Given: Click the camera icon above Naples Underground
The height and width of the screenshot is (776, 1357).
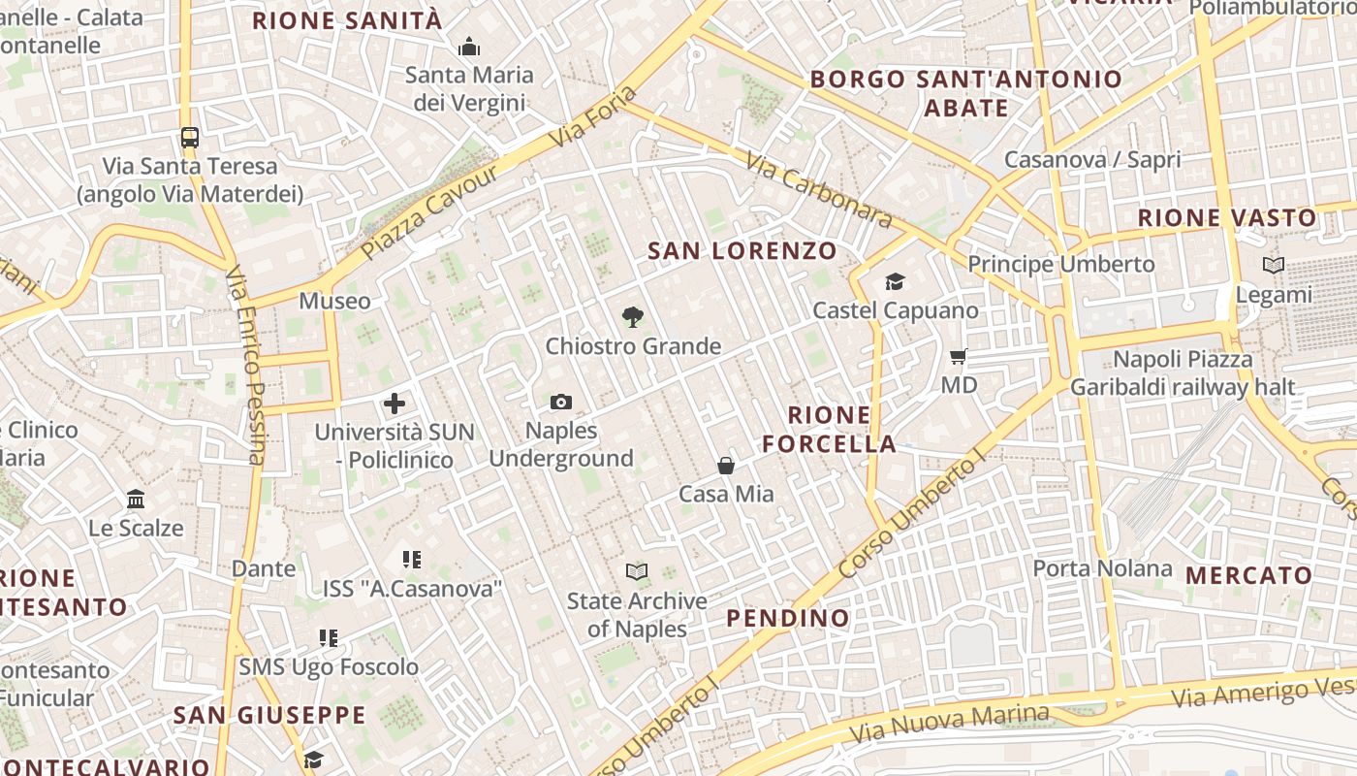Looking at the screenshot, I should (x=560, y=402).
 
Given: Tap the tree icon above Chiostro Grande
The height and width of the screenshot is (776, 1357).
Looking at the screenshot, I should (x=633, y=316).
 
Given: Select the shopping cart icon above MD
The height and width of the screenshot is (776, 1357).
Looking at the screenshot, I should (x=959, y=357).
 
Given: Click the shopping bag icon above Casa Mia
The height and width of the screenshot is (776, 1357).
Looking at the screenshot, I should (x=726, y=466).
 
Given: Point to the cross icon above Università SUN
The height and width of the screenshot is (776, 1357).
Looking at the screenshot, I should (x=394, y=404).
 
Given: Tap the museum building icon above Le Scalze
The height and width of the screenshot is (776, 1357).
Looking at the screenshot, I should (x=136, y=500).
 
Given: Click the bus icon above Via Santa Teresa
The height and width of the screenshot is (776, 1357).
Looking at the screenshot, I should (x=190, y=138).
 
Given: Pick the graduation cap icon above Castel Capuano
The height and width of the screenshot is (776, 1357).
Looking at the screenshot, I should (x=895, y=282).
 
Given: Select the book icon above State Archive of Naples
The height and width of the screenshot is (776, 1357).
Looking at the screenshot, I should (x=637, y=572).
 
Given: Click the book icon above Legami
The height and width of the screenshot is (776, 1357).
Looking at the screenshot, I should (x=1274, y=265).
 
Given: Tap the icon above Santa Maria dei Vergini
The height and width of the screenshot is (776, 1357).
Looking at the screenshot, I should (x=469, y=47).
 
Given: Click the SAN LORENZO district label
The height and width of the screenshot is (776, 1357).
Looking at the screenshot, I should (x=742, y=251).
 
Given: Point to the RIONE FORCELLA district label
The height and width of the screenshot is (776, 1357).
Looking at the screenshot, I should (x=829, y=430).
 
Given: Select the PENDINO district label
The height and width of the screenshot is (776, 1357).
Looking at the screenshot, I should (x=787, y=618).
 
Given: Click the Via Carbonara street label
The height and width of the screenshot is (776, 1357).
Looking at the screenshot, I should (x=819, y=189).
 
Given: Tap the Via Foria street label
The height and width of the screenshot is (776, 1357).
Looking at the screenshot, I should (x=593, y=117).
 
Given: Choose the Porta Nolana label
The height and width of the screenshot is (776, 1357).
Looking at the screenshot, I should (x=1102, y=567).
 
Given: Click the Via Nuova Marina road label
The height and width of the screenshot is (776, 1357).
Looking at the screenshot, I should (x=949, y=724).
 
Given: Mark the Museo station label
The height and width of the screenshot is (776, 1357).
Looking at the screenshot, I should (x=334, y=301).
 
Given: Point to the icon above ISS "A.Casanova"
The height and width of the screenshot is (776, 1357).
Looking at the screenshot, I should (x=412, y=560).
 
